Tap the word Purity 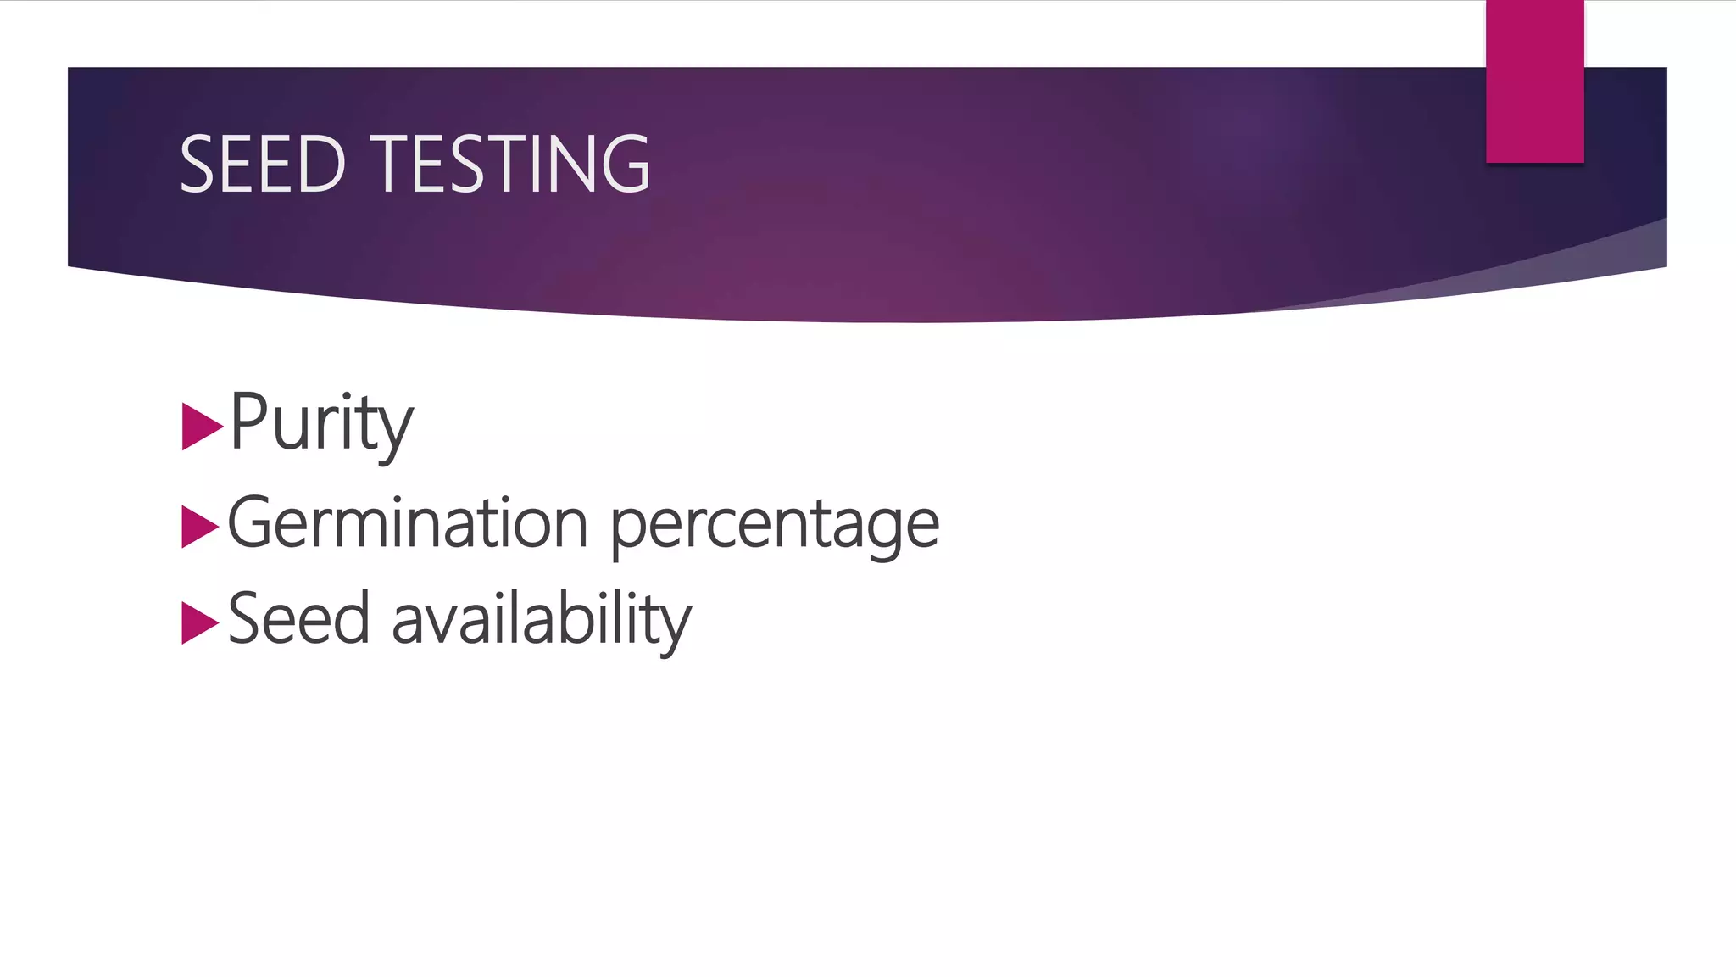(x=320, y=422)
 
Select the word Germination (x=408, y=523)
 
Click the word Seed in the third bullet (x=298, y=619)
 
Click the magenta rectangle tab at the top (x=1534, y=81)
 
